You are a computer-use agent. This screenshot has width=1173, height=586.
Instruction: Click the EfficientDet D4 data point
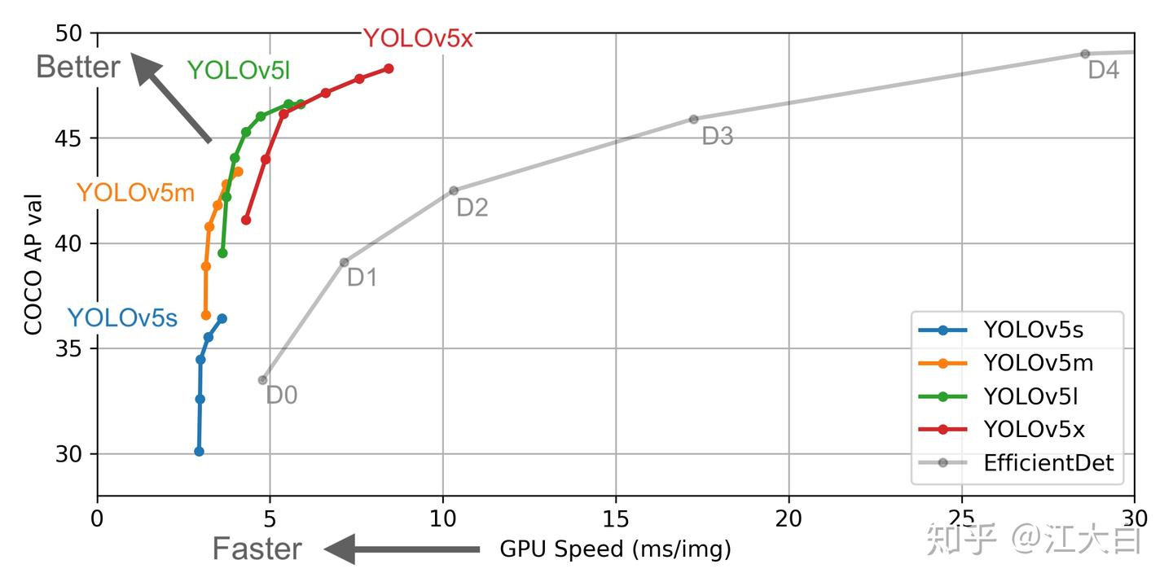pyautogui.click(x=1084, y=54)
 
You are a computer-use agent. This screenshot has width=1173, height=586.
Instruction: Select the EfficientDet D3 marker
pyautogui.click(x=693, y=119)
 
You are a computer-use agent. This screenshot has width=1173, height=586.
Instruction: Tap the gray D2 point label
pyautogui.click(x=472, y=208)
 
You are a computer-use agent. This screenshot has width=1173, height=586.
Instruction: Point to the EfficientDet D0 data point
pyautogui.click(x=262, y=380)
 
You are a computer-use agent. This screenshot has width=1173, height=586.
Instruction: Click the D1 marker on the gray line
pyautogui.click(x=344, y=262)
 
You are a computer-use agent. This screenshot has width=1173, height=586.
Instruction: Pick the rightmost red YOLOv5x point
pyautogui.click(x=389, y=68)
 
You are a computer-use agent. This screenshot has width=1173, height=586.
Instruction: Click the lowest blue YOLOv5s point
pyautogui.click(x=199, y=451)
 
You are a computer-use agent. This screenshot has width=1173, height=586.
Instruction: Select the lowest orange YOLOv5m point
pyautogui.click(x=206, y=315)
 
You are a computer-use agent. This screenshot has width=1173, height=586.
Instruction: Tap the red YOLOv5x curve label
pyautogui.click(x=417, y=38)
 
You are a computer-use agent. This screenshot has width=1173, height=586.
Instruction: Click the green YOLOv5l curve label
pyautogui.click(x=239, y=71)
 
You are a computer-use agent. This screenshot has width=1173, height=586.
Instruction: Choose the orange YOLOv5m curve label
pyautogui.click(x=135, y=193)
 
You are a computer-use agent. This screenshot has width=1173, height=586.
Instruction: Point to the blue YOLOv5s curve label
pyautogui.click(x=122, y=318)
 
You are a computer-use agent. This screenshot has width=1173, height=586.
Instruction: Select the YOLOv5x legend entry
pyautogui.click(x=1034, y=430)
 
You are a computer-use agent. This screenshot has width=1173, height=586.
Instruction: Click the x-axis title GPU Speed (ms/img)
pyautogui.click(x=615, y=550)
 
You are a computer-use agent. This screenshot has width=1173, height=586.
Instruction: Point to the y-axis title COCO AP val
pyautogui.click(x=33, y=265)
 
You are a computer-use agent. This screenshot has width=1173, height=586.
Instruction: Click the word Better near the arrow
pyautogui.click(x=78, y=67)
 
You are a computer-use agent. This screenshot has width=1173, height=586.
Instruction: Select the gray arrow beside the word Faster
pyautogui.click(x=402, y=549)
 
